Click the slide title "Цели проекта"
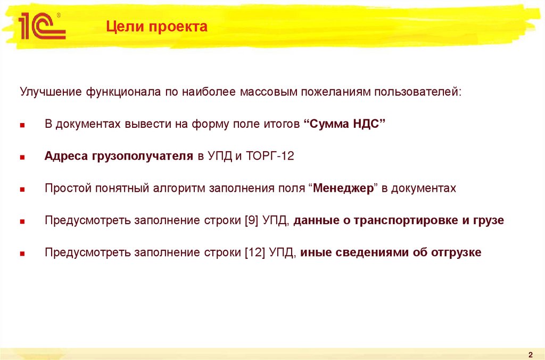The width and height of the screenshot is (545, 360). [155, 27]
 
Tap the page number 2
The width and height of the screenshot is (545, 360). [531, 355]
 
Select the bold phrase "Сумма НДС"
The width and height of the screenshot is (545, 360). [344, 125]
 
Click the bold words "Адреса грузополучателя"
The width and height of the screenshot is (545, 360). [119, 157]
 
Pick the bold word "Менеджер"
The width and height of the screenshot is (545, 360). [344, 189]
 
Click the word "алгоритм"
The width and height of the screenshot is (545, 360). [179, 189]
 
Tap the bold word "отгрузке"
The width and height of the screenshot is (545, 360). [456, 252]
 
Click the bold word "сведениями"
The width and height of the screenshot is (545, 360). [372, 252]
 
